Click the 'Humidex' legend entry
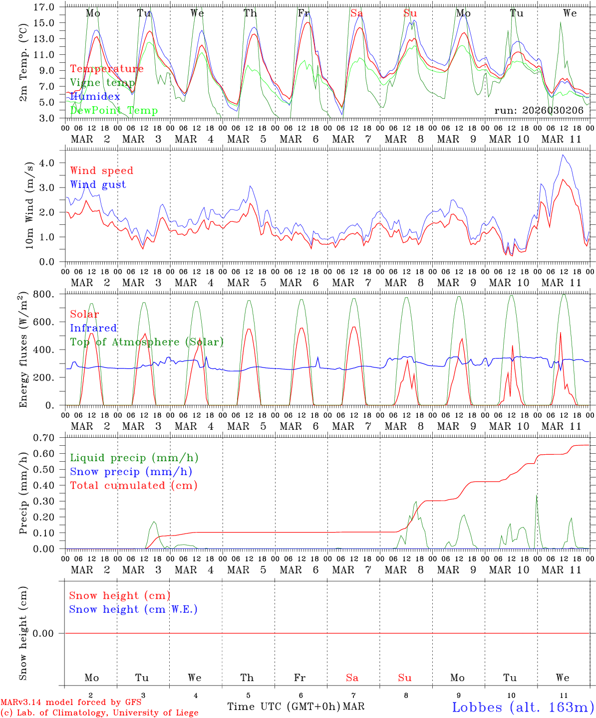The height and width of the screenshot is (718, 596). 95,96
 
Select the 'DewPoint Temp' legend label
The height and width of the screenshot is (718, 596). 114,110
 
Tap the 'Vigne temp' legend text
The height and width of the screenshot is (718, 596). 102,82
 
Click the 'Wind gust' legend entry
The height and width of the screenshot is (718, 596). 98,184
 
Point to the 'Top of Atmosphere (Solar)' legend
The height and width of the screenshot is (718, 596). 147,342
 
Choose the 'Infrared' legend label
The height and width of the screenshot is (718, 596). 93,328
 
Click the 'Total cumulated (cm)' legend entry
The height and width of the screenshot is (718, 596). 133,485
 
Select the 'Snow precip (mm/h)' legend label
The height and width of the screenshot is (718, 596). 131,471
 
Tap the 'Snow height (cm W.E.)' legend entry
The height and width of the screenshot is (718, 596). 133,609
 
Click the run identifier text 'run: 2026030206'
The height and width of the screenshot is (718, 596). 539,110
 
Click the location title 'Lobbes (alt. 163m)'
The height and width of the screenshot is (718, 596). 523,707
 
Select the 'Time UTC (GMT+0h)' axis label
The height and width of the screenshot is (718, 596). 284,707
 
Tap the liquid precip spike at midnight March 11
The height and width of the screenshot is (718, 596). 537,495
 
